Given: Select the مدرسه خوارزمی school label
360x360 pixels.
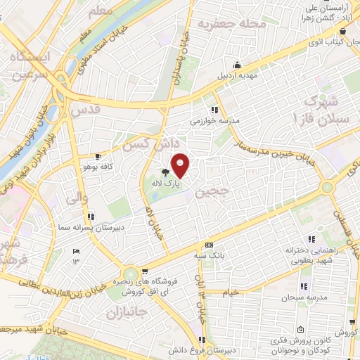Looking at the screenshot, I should click(215, 121).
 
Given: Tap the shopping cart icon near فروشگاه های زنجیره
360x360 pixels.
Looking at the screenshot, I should click(143, 271).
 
